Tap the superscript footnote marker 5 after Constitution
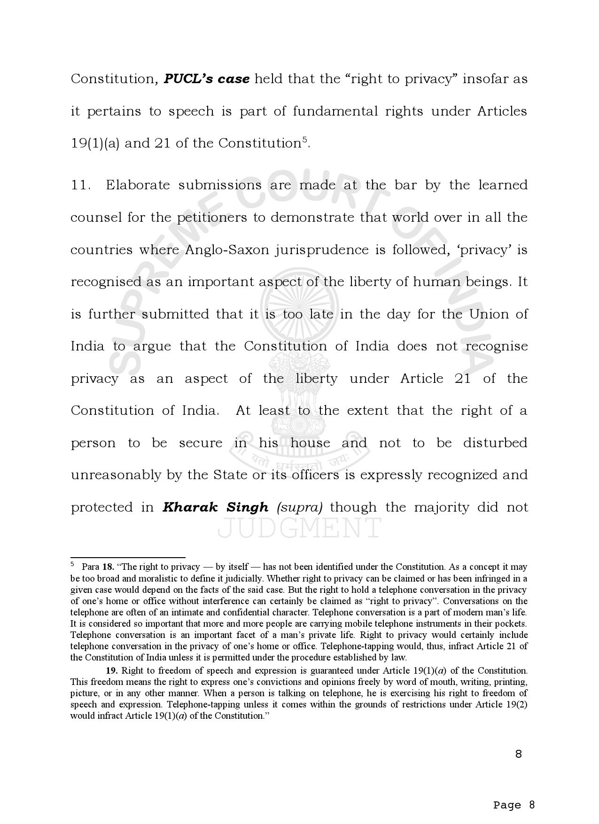tap(304, 140)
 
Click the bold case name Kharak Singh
tap(215, 507)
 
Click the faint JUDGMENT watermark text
tap(299, 528)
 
